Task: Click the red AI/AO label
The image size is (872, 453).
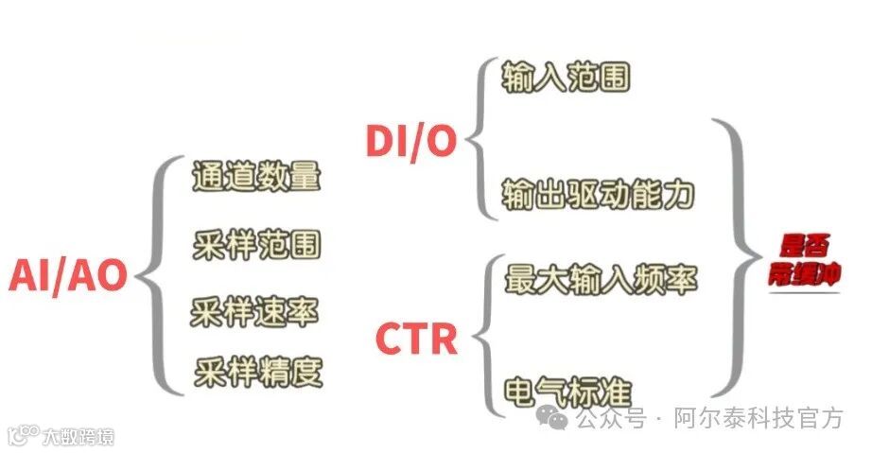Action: point(69,276)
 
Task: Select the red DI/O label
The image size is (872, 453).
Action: point(410,141)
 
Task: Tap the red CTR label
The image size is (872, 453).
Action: point(416,338)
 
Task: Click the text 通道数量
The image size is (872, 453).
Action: point(256,176)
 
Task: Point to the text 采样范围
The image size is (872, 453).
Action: point(256,244)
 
